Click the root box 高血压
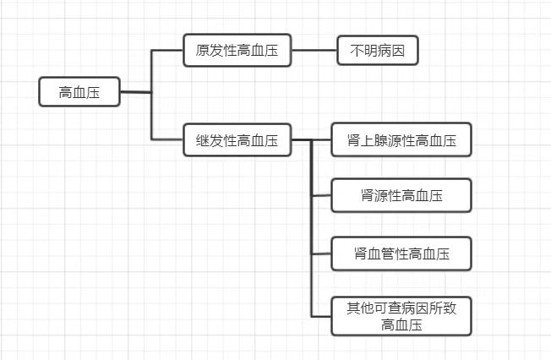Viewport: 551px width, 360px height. (79, 92)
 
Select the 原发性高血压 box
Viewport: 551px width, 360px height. (237, 51)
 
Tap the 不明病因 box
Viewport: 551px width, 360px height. (377, 51)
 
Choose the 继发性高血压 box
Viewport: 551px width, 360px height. (237, 140)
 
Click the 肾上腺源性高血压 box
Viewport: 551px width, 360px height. (401, 140)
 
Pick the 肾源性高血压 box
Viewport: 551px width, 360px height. (401, 196)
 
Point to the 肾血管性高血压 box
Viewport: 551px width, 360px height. (401, 253)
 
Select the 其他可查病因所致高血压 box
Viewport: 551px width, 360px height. (401, 316)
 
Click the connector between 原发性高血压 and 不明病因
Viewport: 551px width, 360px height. (314, 51)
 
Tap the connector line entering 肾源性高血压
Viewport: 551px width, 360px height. (321, 196)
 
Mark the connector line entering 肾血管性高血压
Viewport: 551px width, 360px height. (321, 253)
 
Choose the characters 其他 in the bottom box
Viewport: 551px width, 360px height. (360, 308)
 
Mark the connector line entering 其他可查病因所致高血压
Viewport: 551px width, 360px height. (321, 316)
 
